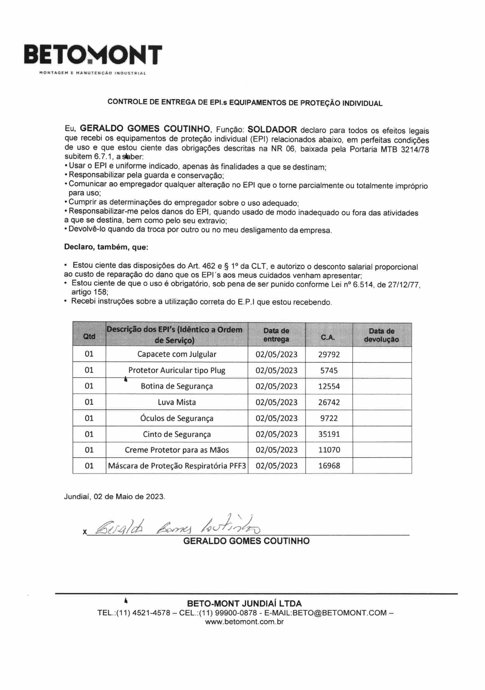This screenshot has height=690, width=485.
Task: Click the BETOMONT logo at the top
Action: tap(93, 55)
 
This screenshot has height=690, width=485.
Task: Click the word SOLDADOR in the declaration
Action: tap(272, 129)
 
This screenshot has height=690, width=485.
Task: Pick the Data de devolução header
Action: tap(382, 335)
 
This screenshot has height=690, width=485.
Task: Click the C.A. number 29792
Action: tap(329, 354)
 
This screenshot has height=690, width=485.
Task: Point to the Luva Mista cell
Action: tap(177, 402)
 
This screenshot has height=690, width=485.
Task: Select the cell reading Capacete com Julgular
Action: tap(177, 354)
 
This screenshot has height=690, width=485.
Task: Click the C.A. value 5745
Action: tap(329, 370)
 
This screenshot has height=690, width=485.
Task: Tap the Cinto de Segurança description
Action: tap(177, 434)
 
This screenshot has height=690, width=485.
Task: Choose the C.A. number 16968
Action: tap(329, 465)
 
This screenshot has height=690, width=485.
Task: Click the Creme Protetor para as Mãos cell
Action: tap(177, 450)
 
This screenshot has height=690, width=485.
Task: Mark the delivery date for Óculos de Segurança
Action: tap(276, 418)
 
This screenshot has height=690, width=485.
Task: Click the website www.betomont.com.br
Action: tap(244, 622)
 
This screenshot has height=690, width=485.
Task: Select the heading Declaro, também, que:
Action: tap(106, 247)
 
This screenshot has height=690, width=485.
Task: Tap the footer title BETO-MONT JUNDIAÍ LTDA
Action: tap(244, 603)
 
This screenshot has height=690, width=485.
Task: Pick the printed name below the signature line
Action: tap(246, 541)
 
